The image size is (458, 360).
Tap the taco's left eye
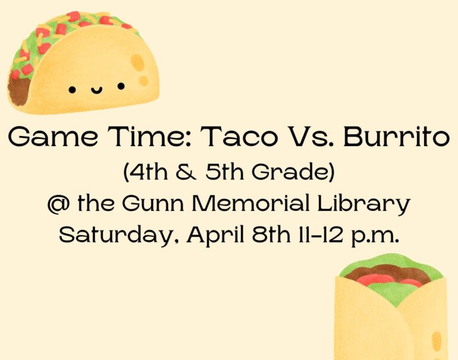[x=72, y=90]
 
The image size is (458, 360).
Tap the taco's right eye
[x=121, y=86]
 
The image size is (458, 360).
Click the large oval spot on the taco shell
[x=137, y=63]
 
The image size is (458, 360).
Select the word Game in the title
[x=53, y=136]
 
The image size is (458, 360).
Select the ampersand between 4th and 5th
[x=186, y=172]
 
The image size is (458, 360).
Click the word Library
[x=364, y=204]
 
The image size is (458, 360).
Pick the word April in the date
[x=215, y=236]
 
